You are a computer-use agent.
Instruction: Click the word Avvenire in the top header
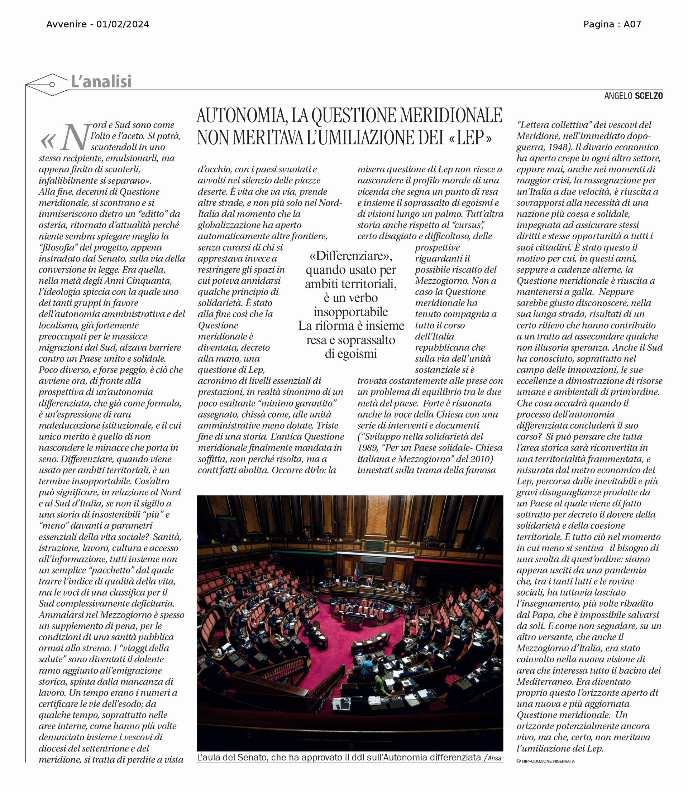[66, 25]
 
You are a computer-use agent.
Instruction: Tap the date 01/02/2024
[123, 25]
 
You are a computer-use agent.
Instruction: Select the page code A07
[632, 25]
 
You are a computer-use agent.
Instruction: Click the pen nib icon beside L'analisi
[47, 85]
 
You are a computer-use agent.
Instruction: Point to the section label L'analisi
[101, 82]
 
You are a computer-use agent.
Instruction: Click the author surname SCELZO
[649, 96]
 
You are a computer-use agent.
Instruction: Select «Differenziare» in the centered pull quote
[350, 256]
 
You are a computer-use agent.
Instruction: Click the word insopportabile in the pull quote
[350, 312]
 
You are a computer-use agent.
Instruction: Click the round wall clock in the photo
[234, 548]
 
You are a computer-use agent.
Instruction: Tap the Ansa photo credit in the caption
[494, 758]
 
